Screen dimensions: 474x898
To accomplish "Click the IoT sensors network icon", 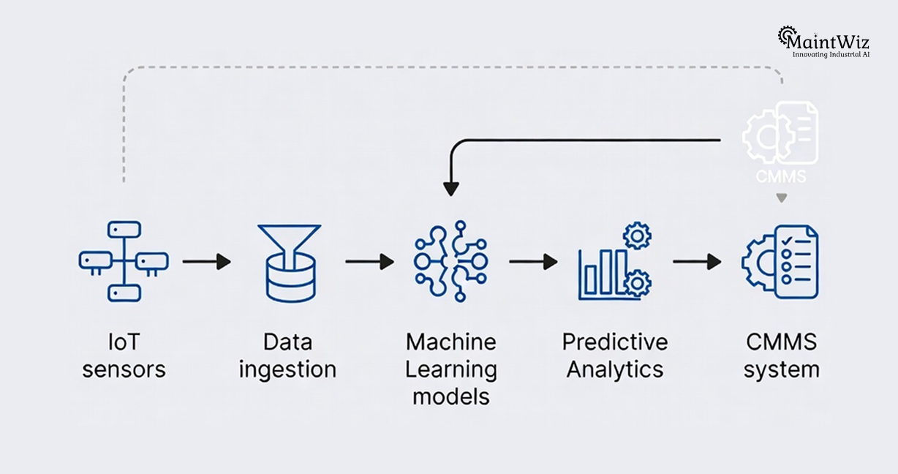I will pyautogui.click(x=123, y=262).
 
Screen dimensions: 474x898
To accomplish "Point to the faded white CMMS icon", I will pyautogui.click(x=780, y=134).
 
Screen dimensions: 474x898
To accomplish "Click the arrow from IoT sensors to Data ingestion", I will pyautogui.click(x=206, y=262).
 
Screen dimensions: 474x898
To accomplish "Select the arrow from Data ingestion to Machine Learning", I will pyautogui.click(x=369, y=262).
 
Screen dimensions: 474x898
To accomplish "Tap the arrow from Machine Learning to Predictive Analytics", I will pyautogui.click(x=533, y=262).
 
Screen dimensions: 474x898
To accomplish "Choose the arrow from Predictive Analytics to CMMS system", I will pyautogui.click(x=697, y=262).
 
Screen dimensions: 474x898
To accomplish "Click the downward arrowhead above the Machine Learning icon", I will pyautogui.click(x=451, y=188).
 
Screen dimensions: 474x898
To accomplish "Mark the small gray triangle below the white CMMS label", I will pyautogui.click(x=781, y=197).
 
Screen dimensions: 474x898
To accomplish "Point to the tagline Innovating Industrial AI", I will pyautogui.click(x=831, y=55).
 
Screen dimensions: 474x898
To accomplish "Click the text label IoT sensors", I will pyautogui.click(x=124, y=355).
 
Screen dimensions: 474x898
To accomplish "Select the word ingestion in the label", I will pyautogui.click(x=288, y=369).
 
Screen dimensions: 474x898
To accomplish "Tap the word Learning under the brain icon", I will pyautogui.click(x=451, y=369).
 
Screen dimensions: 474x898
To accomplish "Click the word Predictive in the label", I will pyautogui.click(x=614, y=342).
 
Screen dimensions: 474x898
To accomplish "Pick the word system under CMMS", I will pyautogui.click(x=781, y=369).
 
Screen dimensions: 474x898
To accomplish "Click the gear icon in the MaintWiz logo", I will pyautogui.click(x=787, y=35).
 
